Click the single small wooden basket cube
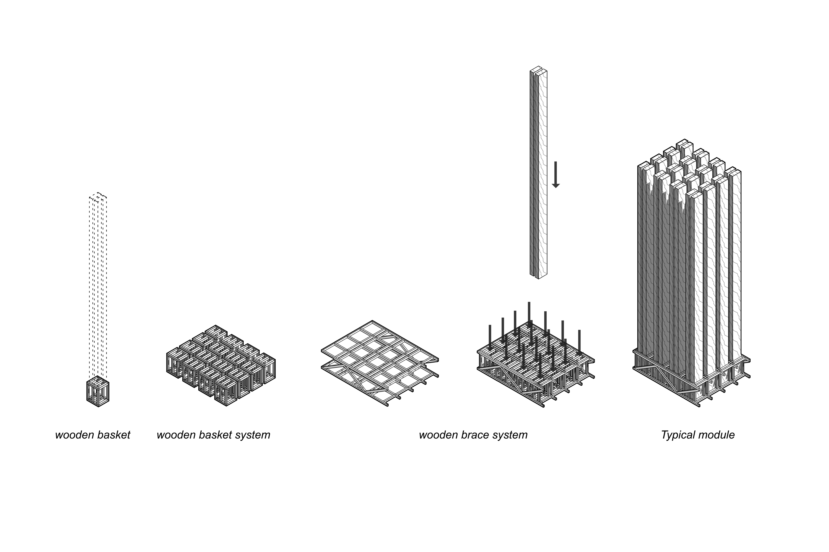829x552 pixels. click(98, 391)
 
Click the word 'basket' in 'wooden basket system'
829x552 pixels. click(214, 435)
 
